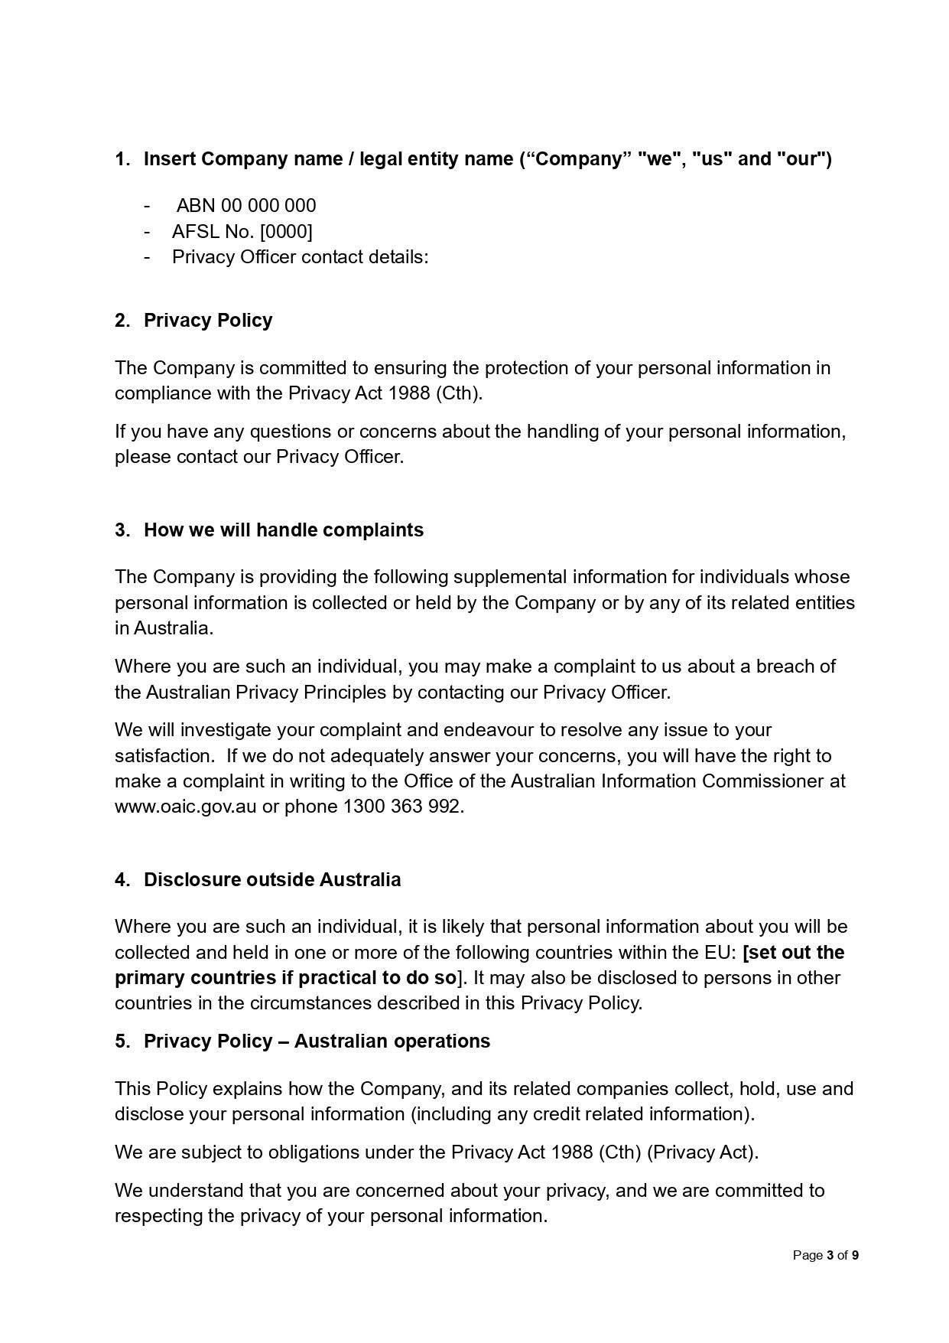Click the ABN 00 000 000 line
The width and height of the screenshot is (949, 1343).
(245, 206)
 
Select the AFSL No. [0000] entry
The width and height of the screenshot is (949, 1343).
(242, 231)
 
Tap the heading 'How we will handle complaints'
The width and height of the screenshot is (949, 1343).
(283, 530)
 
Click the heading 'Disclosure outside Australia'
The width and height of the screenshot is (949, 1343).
(271, 879)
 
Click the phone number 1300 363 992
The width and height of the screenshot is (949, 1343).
(403, 807)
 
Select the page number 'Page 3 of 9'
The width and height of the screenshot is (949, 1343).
(825, 1255)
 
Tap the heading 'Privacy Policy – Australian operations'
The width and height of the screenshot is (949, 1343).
(317, 1041)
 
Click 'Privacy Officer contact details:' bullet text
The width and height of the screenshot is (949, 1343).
(300, 256)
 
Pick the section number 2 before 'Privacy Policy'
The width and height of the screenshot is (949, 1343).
(122, 320)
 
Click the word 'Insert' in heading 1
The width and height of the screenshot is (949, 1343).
(170, 159)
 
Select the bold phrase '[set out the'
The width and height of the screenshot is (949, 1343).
(793, 952)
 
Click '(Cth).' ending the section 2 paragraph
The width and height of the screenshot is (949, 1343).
(459, 393)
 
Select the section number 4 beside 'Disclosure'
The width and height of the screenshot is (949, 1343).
(122, 879)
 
